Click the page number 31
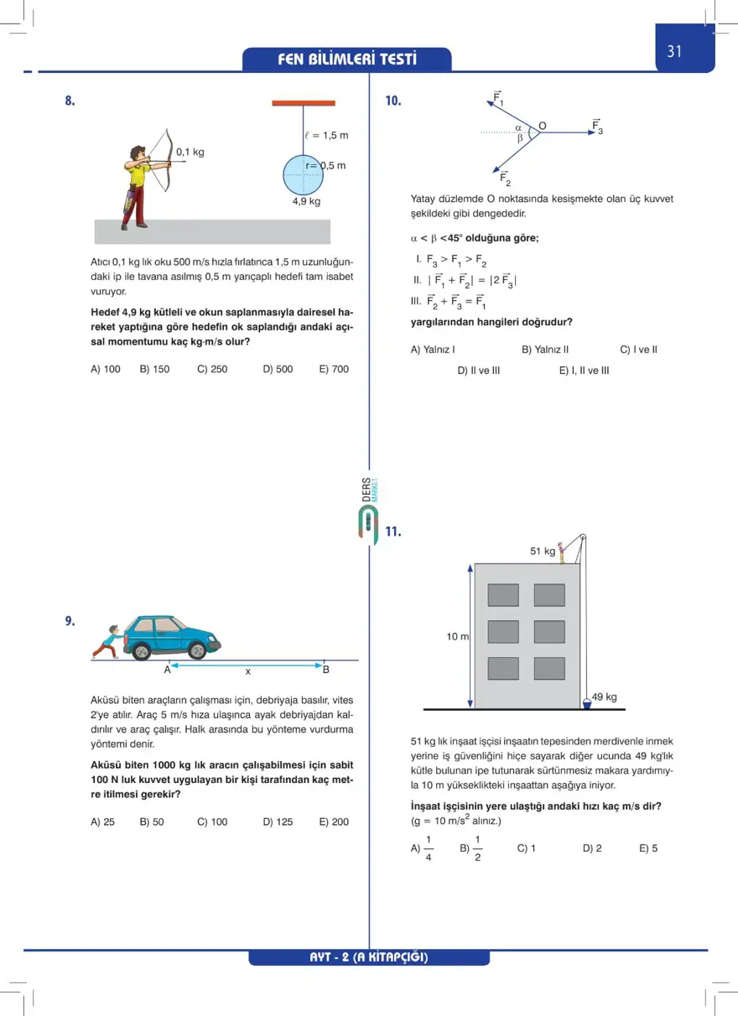point(675,51)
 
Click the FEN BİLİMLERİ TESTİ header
point(346,60)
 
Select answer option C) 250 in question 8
point(212,369)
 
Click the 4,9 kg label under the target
point(306,202)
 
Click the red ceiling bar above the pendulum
point(304,104)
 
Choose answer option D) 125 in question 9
point(278,822)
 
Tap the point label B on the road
point(326,669)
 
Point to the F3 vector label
point(597,127)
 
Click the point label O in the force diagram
point(543,126)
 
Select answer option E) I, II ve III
point(584,371)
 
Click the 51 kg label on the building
point(543,552)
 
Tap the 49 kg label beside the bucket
point(605,697)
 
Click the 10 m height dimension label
point(457,637)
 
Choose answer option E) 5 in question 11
point(648,848)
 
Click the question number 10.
point(393,101)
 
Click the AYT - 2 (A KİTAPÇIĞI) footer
point(369,957)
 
